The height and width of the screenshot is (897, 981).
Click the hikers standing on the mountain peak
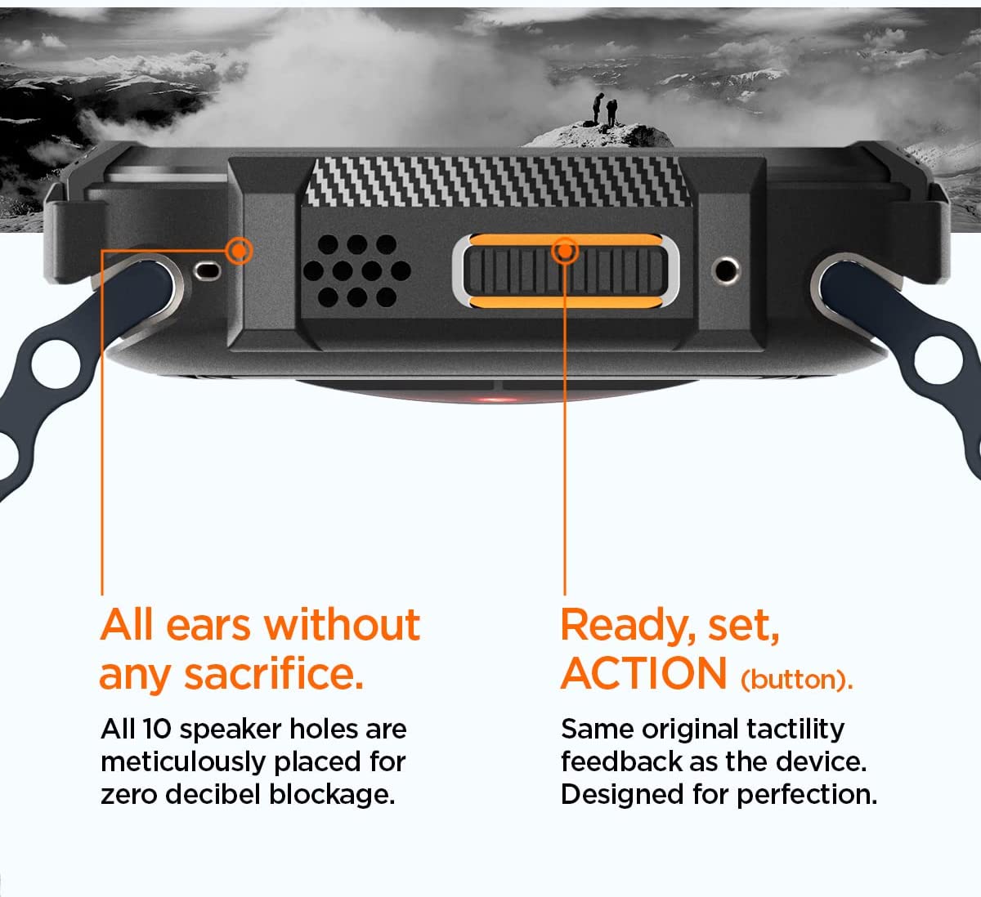coord(605,109)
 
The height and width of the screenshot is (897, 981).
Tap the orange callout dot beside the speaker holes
coord(240,252)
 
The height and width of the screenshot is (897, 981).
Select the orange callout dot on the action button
coord(565,252)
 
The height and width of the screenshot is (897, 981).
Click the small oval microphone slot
coord(208,270)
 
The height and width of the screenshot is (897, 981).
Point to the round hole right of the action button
coord(725,270)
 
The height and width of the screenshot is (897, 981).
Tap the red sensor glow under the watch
coord(496,399)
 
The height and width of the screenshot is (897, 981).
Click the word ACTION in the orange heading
coord(644,673)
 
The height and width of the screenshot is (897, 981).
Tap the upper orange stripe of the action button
coord(566,239)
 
